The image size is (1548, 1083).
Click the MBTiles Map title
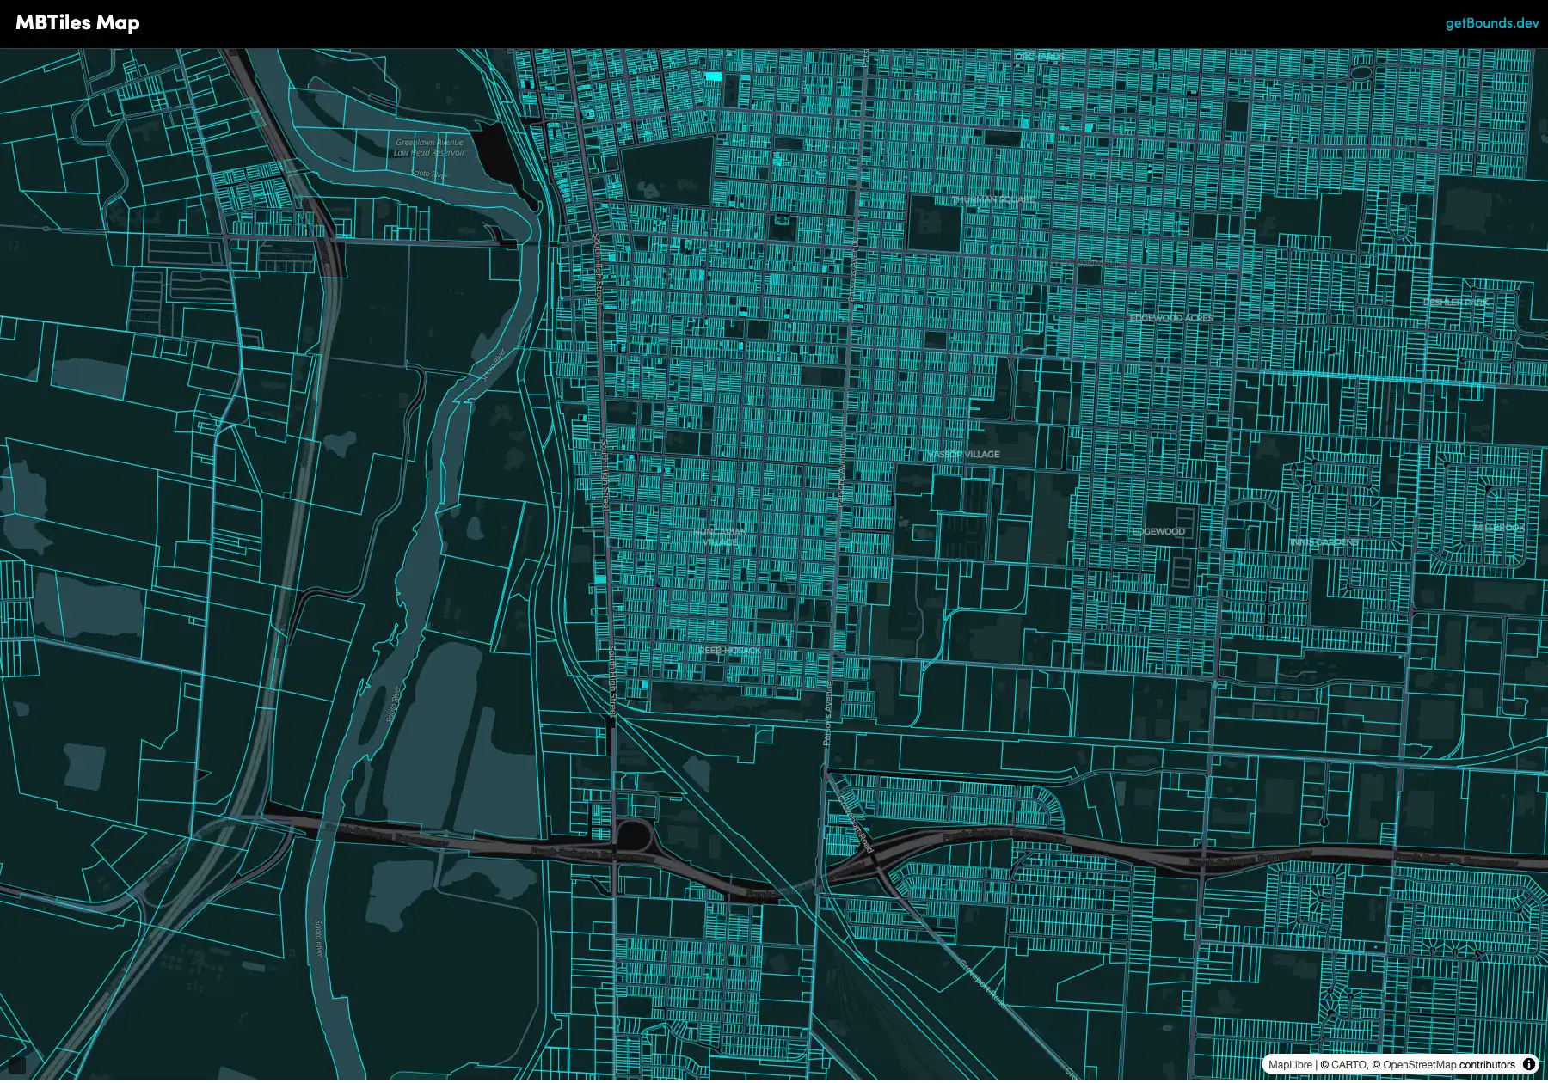tap(77, 23)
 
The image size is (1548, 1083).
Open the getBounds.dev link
tap(1491, 23)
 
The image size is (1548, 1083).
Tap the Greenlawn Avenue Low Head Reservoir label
tap(429, 147)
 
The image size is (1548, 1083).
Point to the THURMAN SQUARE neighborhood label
tap(993, 199)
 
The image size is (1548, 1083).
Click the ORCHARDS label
tap(1040, 57)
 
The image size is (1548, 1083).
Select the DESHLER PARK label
tap(1455, 303)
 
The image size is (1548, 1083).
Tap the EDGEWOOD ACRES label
tap(1171, 318)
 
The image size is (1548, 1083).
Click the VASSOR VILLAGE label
tap(963, 454)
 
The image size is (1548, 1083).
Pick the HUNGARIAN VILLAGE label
tap(720, 537)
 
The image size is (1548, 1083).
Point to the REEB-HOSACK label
tap(729, 651)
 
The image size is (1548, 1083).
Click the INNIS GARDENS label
tap(1324, 542)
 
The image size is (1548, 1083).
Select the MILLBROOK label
tap(1499, 527)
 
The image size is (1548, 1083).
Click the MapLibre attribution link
tap(1290, 1065)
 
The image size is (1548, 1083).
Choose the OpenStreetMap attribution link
tap(1419, 1065)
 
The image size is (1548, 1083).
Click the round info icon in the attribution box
tap(1529, 1064)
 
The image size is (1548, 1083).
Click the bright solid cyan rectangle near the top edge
tap(713, 76)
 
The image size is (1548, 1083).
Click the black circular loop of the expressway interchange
tap(635, 834)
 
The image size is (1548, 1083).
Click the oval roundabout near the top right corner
tap(1360, 73)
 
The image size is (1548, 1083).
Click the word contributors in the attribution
tap(1487, 1065)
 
